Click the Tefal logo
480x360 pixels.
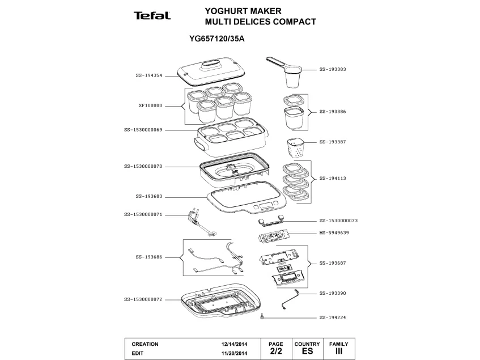coord(152,16)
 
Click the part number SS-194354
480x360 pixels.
coord(148,75)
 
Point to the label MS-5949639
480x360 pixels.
coord(334,233)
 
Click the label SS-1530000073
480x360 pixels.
coord(338,220)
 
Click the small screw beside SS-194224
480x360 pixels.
coord(262,317)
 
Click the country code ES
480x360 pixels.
coord(307,351)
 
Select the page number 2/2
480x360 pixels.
coord(275,351)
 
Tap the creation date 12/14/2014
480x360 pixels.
coord(234,344)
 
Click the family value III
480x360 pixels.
coord(338,351)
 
